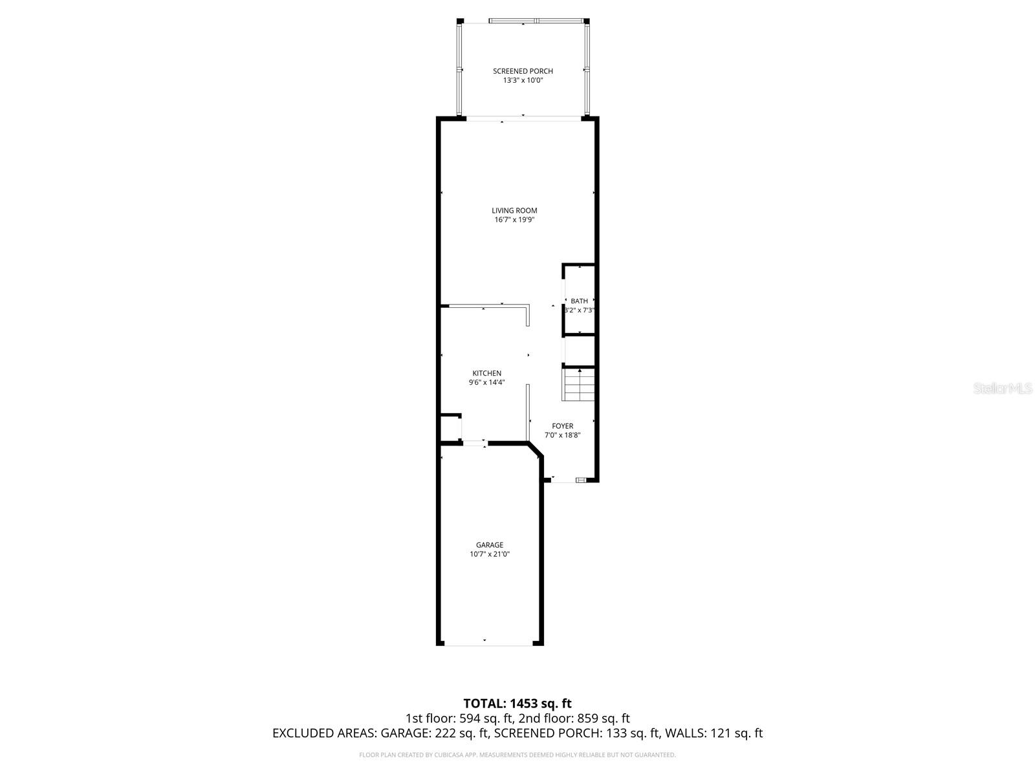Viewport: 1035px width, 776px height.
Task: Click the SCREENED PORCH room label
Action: click(x=523, y=71)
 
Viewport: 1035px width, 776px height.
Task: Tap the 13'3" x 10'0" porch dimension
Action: click(x=523, y=81)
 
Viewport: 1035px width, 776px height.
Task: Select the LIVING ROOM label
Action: click(x=514, y=210)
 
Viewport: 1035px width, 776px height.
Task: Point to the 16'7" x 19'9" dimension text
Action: click(x=514, y=220)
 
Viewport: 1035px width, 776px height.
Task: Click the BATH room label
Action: click(x=579, y=301)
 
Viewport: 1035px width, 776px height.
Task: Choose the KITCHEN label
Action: click(x=486, y=373)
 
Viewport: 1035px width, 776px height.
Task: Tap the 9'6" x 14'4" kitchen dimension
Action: click(x=486, y=383)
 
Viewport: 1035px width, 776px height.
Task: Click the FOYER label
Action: click(x=562, y=426)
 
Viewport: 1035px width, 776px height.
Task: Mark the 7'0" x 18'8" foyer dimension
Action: click(x=562, y=435)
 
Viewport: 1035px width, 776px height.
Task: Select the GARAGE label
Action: click(x=489, y=545)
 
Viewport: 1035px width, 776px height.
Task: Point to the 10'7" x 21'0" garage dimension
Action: click(x=489, y=554)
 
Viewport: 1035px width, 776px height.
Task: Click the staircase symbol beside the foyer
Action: click(x=579, y=385)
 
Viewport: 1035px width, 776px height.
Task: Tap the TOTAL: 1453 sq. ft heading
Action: click(x=517, y=704)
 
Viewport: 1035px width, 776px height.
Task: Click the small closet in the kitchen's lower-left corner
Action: click(x=450, y=428)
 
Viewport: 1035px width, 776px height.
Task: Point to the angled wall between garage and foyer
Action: click(x=535, y=451)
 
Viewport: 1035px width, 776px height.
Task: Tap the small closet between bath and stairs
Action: click(x=579, y=351)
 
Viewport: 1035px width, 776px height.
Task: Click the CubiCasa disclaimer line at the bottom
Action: click(x=517, y=755)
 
